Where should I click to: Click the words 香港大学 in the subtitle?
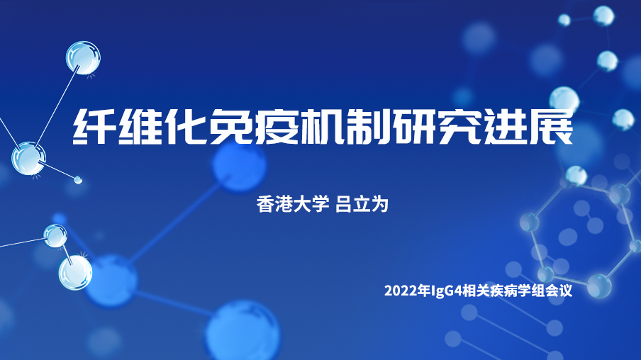(x=293, y=204)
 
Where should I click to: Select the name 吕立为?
(x=362, y=204)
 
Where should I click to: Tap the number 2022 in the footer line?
(x=398, y=291)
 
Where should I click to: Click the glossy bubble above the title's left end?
(x=83, y=57)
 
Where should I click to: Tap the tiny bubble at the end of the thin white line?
(x=78, y=179)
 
